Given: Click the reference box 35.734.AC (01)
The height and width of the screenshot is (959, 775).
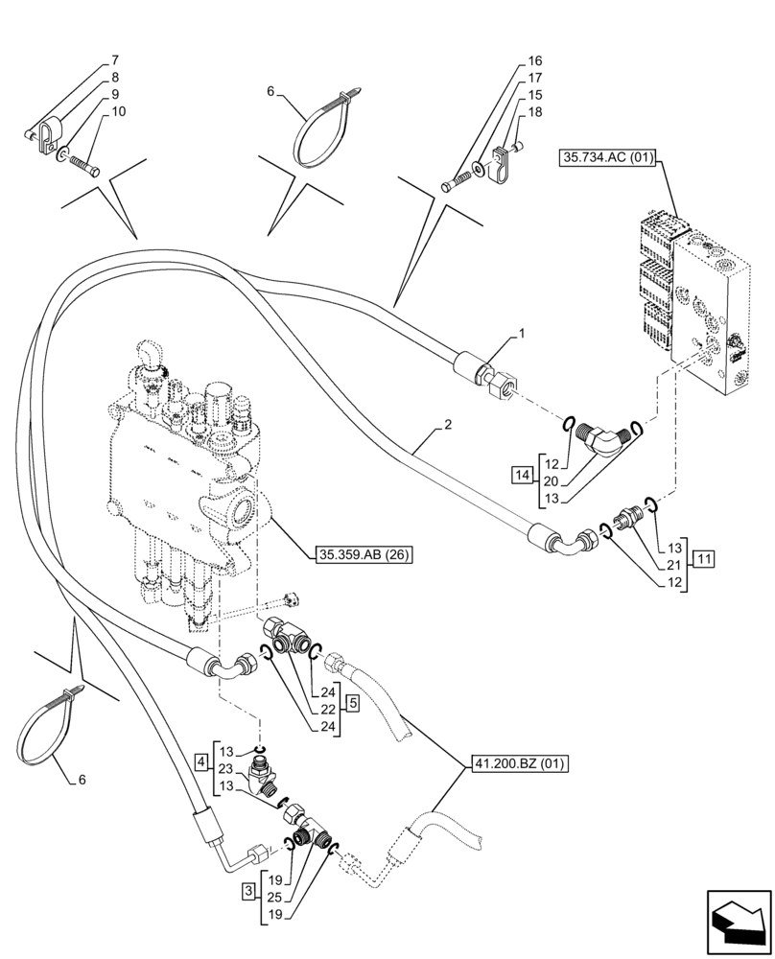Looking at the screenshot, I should point(605,157).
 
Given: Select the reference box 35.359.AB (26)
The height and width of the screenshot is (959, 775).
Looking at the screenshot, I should point(362,554).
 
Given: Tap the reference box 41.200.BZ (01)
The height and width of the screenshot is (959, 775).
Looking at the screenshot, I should point(520,764).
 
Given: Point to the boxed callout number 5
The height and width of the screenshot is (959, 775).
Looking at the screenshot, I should point(353,704).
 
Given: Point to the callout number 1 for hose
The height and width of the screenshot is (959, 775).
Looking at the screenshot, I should point(521,334).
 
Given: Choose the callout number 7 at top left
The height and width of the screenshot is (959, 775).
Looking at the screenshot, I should point(116,60).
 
